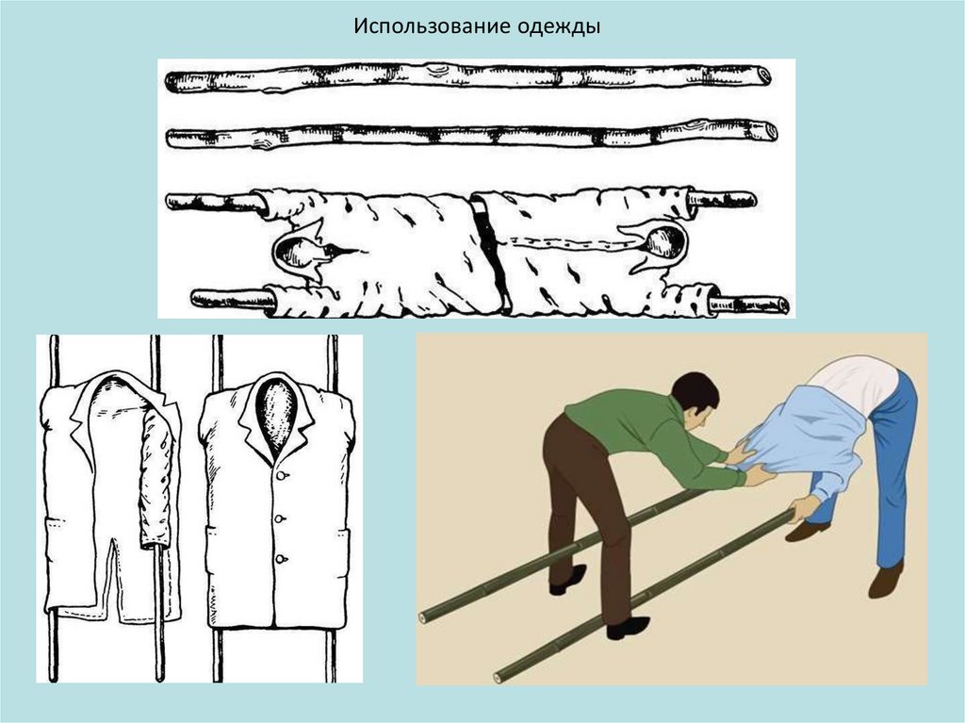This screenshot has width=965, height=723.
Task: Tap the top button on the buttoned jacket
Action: click(282, 476)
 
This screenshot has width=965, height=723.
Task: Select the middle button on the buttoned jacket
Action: click(280, 519)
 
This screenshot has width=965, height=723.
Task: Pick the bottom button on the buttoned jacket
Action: click(281, 560)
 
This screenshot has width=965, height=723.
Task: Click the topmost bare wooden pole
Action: click(467, 78)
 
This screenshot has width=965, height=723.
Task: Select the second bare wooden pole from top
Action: click(471, 134)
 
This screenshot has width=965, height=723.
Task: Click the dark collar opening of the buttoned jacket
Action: click(275, 417)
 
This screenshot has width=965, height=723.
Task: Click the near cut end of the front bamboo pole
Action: click(499, 677)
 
